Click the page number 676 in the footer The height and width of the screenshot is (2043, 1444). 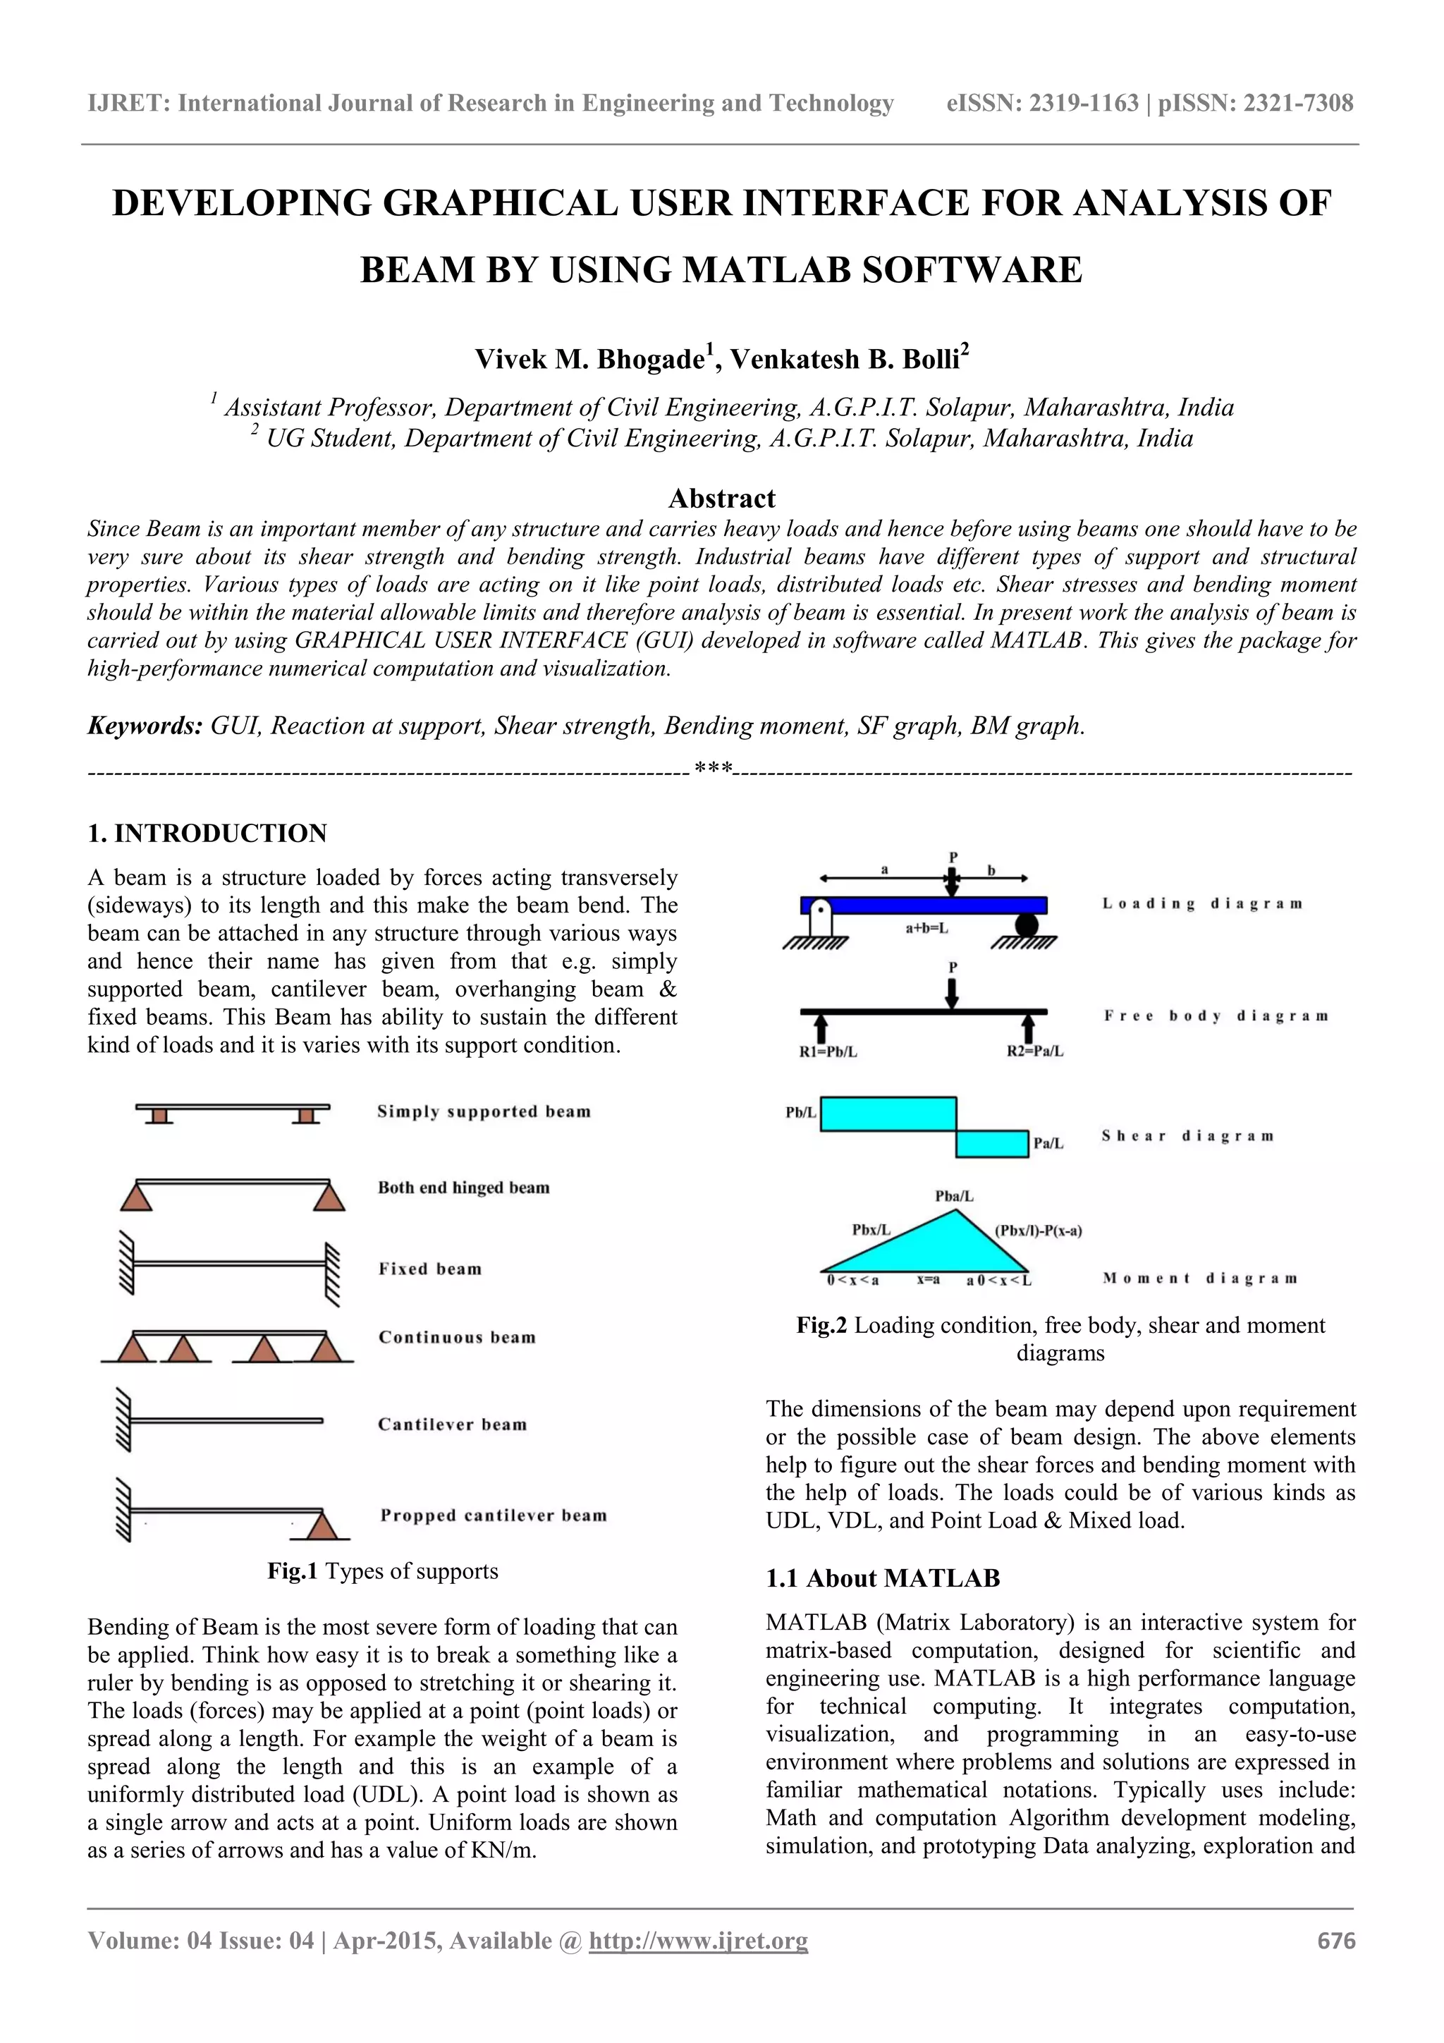pyautogui.click(x=1335, y=1940)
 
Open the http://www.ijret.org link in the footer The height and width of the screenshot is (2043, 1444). pyautogui.click(x=699, y=1940)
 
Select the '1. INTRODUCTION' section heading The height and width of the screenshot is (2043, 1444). pyautogui.click(x=207, y=833)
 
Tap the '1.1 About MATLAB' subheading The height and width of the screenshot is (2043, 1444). pyautogui.click(x=883, y=1578)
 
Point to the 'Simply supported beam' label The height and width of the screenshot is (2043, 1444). pyautogui.click(x=483, y=1111)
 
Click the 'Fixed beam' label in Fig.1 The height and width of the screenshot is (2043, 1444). pyautogui.click(x=429, y=1269)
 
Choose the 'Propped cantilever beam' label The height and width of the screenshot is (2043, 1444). pyautogui.click(x=493, y=1516)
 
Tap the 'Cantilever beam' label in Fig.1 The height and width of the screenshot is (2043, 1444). pyautogui.click(x=452, y=1425)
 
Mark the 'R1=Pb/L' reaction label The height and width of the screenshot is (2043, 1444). pyautogui.click(x=828, y=1051)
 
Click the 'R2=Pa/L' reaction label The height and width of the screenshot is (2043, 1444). pyautogui.click(x=1035, y=1051)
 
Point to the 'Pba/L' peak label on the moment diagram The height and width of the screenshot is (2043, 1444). pyautogui.click(x=954, y=1197)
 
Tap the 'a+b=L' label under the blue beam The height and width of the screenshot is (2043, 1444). pyautogui.click(x=927, y=928)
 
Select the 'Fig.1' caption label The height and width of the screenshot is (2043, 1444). pyautogui.click(x=293, y=1571)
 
